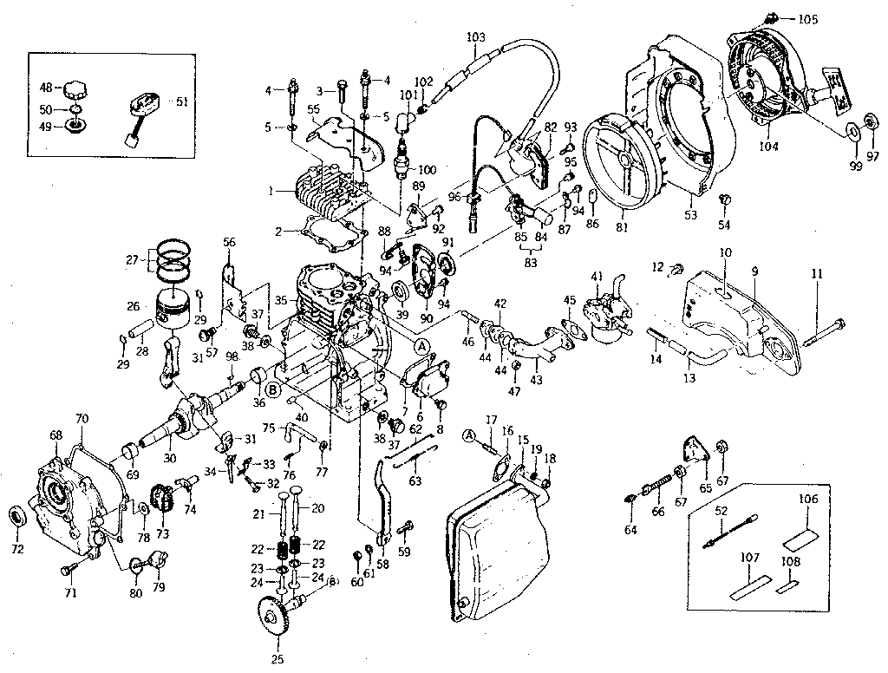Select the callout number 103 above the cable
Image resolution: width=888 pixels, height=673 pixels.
tap(475, 38)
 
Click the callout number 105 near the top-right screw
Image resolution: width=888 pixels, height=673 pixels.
tap(807, 19)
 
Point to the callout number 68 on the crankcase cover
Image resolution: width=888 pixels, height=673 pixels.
tap(56, 435)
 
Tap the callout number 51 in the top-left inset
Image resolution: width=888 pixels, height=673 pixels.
tap(181, 101)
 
